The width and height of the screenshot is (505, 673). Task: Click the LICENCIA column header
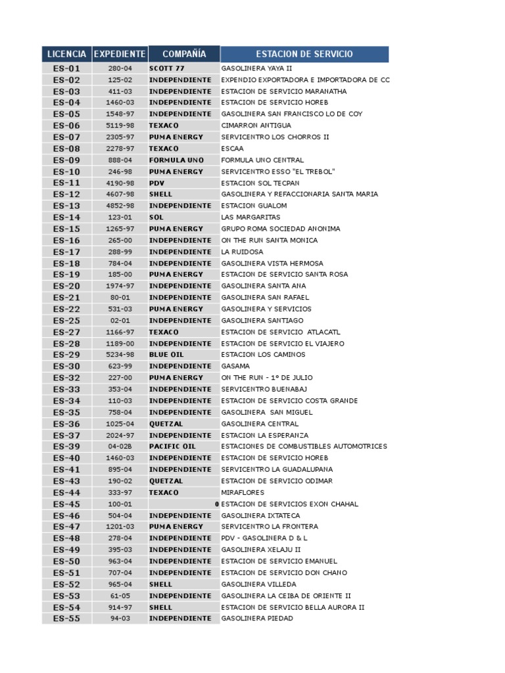66,54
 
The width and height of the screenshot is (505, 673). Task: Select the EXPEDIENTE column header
120,54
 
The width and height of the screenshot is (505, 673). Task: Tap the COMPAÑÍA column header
184,54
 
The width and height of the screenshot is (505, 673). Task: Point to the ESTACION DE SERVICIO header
304,54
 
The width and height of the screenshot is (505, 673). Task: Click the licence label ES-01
66,68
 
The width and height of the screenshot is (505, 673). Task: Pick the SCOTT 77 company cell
167,68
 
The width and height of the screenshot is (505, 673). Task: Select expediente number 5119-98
120,126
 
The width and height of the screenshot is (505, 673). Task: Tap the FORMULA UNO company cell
176,160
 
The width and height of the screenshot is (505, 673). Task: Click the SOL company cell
156,217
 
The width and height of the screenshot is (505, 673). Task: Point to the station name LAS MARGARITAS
251,217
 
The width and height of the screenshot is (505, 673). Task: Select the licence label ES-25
66,320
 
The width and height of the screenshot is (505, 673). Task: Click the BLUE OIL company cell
166,355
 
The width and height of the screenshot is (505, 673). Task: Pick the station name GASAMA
235,366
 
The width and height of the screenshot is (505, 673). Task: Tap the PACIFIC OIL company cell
172,446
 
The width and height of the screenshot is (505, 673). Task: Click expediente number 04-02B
120,446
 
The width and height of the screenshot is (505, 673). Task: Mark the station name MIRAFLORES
243,492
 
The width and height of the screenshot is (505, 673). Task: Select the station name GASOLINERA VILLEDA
258,584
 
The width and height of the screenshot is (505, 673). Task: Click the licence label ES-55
66,618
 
